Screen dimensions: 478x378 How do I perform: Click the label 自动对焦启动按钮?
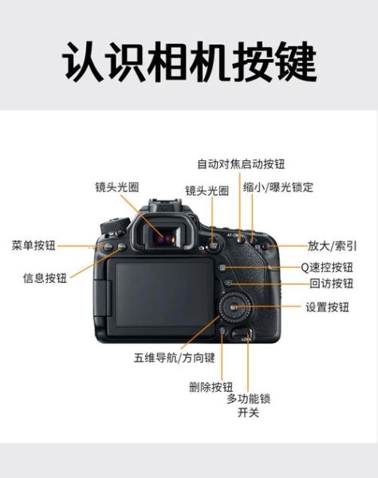[241, 163]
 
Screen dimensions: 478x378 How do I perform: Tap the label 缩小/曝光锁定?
[278, 188]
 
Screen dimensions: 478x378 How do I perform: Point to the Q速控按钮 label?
[327, 267]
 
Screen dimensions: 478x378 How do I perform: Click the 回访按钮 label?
[332, 284]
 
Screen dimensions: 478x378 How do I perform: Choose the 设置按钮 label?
[328, 307]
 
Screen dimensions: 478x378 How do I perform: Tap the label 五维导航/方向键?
[175, 358]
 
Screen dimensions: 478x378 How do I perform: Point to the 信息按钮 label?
[45, 278]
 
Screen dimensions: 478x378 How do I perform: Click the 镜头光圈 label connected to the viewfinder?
[117, 188]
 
